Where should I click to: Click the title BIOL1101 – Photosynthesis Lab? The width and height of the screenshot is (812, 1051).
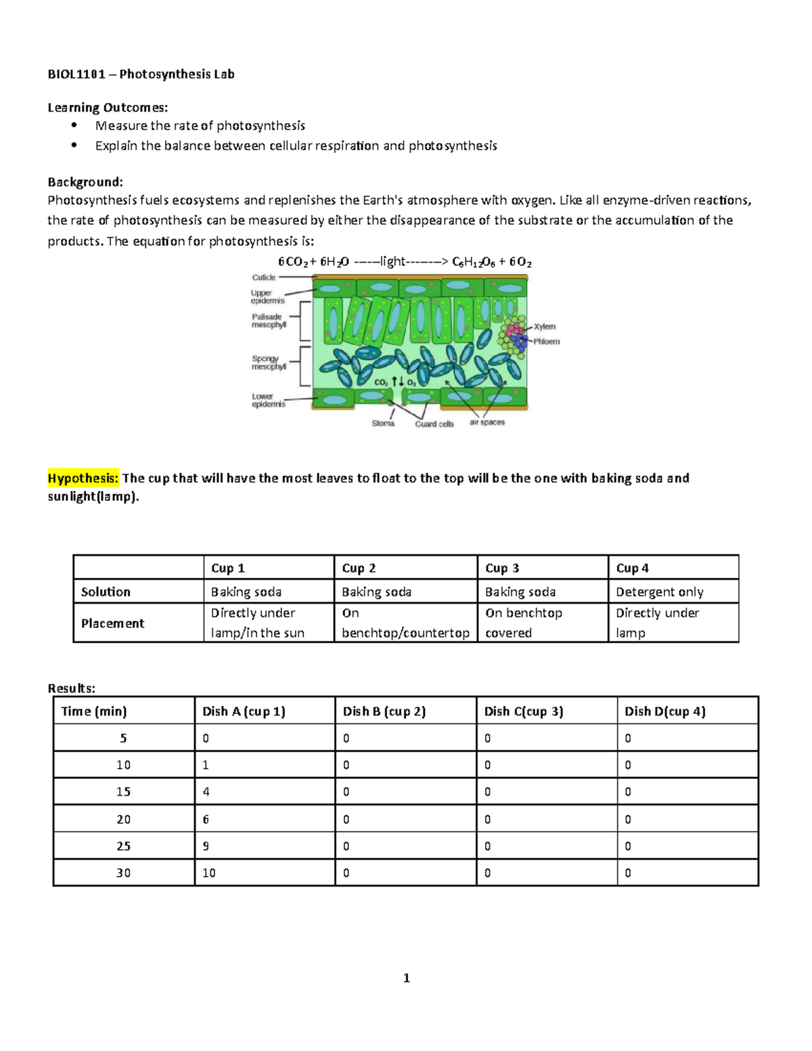click(x=141, y=74)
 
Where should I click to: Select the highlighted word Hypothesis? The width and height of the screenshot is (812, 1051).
click(x=83, y=478)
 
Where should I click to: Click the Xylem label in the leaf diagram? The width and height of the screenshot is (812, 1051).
click(x=544, y=327)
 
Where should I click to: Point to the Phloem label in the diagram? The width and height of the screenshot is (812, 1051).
click(x=546, y=342)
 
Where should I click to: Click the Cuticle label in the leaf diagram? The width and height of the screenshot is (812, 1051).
click(x=263, y=277)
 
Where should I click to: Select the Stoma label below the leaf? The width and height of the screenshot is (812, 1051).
click(x=382, y=424)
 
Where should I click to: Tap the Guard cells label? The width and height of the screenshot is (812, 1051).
click(x=434, y=424)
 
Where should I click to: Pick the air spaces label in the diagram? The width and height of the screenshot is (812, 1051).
click(x=487, y=422)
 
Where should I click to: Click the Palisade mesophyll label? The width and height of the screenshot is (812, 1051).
click(x=269, y=321)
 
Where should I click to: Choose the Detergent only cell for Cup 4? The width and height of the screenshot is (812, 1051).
click(x=659, y=592)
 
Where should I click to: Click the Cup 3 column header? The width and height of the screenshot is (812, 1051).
click(x=502, y=568)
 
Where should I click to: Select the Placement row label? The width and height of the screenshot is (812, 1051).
click(x=112, y=623)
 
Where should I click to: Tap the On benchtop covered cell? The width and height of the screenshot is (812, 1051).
click(x=523, y=623)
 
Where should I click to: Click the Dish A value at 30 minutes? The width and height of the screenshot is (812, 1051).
click(x=209, y=873)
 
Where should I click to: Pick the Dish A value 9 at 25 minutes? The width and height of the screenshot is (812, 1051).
click(x=206, y=846)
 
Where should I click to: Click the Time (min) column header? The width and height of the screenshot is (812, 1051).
click(x=94, y=711)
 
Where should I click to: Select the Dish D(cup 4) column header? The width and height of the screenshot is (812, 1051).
click(x=664, y=711)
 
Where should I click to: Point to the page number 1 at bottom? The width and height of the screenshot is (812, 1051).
click(x=406, y=978)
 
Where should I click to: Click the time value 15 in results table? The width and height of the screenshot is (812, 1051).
click(x=123, y=792)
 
